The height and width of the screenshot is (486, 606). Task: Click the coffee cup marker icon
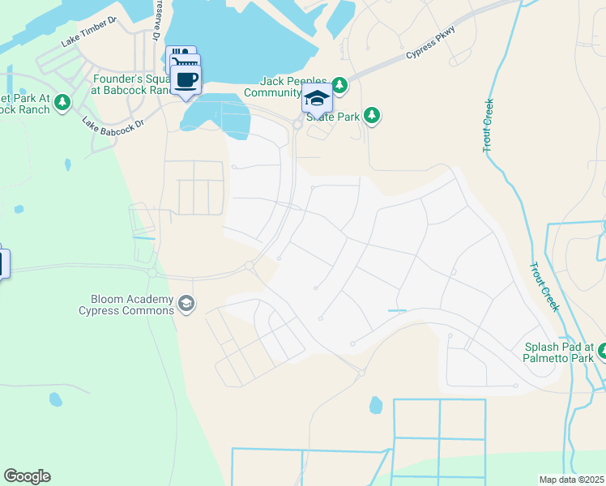click(x=186, y=79)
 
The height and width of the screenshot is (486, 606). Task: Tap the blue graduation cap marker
click(x=317, y=98)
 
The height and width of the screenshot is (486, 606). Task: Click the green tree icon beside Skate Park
click(x=372, y=116)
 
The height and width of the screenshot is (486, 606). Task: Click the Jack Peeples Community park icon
click(x=339, y=84)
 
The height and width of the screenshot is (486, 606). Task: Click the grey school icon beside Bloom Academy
click(x=186, y=304)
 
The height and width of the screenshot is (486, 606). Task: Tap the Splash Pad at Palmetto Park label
click(x=559, y=352)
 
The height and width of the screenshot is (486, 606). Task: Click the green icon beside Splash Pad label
click(x=604, y=351)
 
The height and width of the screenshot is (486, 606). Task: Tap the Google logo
click(x=27, y=476)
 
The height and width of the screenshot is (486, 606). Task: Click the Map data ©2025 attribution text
click(x=571, y=480)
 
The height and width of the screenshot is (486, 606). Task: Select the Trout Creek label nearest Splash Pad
click(x=544, y=286)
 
